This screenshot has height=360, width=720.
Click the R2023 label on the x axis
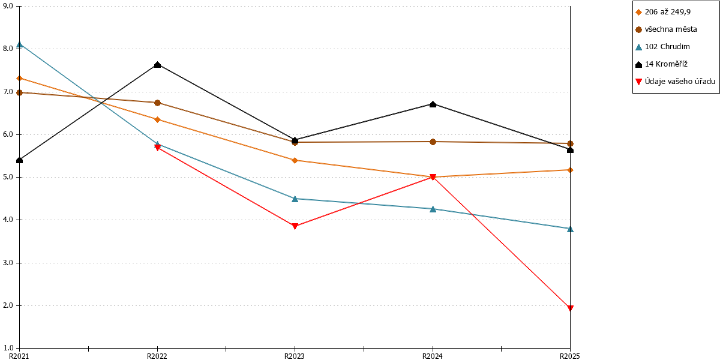pyautogui.click(x=295, y=356)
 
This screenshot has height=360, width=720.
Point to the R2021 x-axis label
pyautogui.click(x=19, y=356)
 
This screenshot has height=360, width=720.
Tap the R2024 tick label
pyautogui.click(x=433, y=356)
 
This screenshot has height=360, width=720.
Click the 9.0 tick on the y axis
pyautogui.click(x=8, y=6)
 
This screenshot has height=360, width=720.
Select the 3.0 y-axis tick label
pyautogui.click(x=8, y=263)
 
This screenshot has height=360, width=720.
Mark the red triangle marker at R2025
pyautogui.click(x=570, y=308)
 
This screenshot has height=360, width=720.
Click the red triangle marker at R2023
pyautogui.click(x=295, y=226)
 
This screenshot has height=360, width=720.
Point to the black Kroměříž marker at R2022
pyautogui.click(x=157, y=65)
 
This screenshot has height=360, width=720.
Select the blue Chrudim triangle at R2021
pyautogui.click(x=20, y=44)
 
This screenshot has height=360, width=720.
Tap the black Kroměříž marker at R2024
pyautogui.click(x=433, y=104)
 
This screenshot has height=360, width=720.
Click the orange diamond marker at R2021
pyautogui.click(x=20, y=79)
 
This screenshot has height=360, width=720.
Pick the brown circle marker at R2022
pyautogui.click(x=157, y=103)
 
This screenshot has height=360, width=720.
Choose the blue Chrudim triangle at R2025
pyautogui.click(x=570, y=229)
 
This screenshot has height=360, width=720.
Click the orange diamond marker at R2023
pyautogui.click(x=295, y=160)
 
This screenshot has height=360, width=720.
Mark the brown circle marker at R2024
pyautogui.click(x=433, y=142)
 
